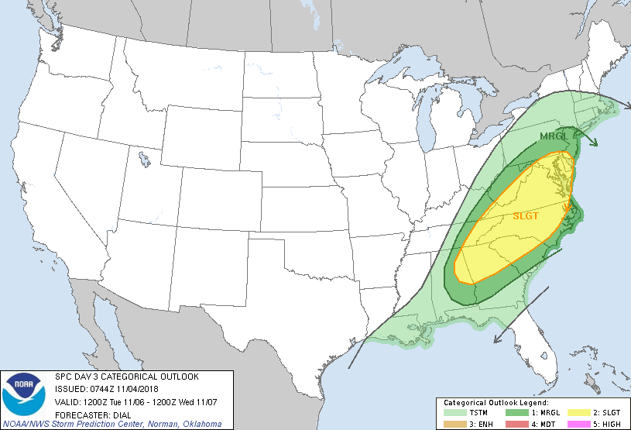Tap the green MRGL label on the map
click(554, 136)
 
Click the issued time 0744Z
click(96, 388)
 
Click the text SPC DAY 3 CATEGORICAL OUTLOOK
click(126, 377)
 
